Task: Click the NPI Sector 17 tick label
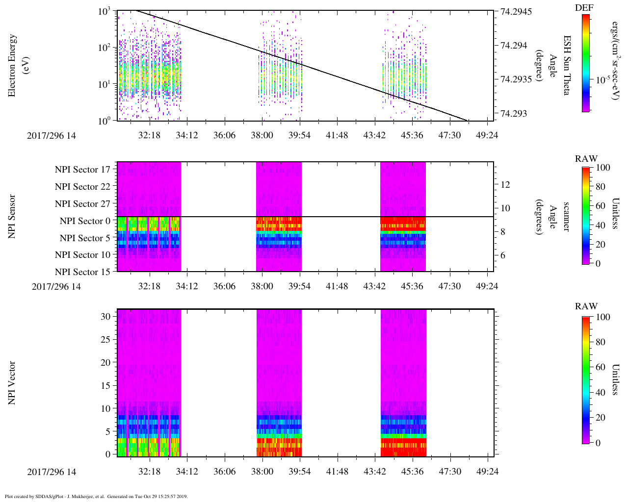[x=83, y=170]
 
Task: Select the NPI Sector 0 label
[x=85, y=221]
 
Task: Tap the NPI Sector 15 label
[x=83, y=272]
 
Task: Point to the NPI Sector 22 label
[x=83, y=187]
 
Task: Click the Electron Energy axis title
[x=17, y=65]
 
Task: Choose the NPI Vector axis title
[x=12, y=383]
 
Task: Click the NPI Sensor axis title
[x=12, y=217]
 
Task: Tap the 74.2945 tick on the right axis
[x=516, y=11]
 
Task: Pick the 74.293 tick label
[x=514, y=114]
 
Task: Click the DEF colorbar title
[x=584, y=8]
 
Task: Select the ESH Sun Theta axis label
[x=567, y=65]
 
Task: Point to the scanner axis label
[x=567, y=217]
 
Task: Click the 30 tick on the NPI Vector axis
[x=105, y=317]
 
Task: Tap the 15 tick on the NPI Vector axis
[x=105, y=386]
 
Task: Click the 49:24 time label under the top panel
[x=487, y=136]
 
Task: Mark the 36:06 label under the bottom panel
[x=224, y=472]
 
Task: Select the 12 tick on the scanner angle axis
[x=505, y=185]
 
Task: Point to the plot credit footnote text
[x=96, y=497]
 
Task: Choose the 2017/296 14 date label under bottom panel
[x=52, y=472]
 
